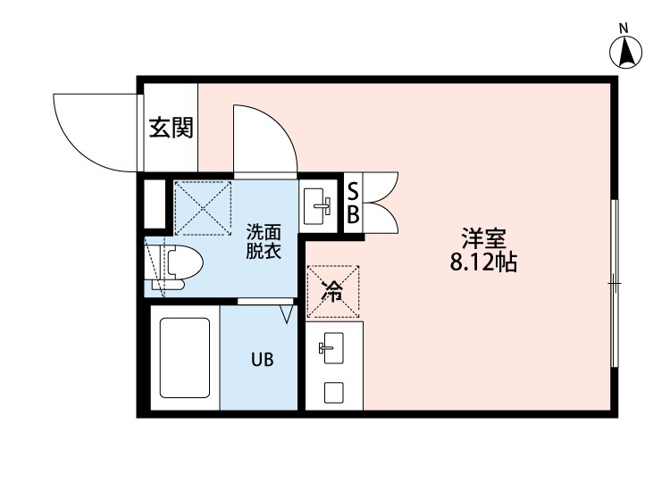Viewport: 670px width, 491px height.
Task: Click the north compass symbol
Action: tap(627, 53)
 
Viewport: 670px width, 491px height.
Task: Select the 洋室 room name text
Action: tap(484, 239)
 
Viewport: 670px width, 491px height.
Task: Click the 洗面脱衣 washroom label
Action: tap(264, 240)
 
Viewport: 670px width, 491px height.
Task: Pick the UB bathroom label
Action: tap(261, 360)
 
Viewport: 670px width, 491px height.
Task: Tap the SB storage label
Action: tap(353, 204)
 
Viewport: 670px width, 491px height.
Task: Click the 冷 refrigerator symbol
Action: tap(332, 292)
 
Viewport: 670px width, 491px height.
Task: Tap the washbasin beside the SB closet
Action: tap(317, 206)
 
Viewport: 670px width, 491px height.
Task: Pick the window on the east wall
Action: tap(614, 283)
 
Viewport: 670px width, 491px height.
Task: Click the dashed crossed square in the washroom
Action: tap(202, 208)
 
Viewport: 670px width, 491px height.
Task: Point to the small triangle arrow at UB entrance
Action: tap(287, 314)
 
